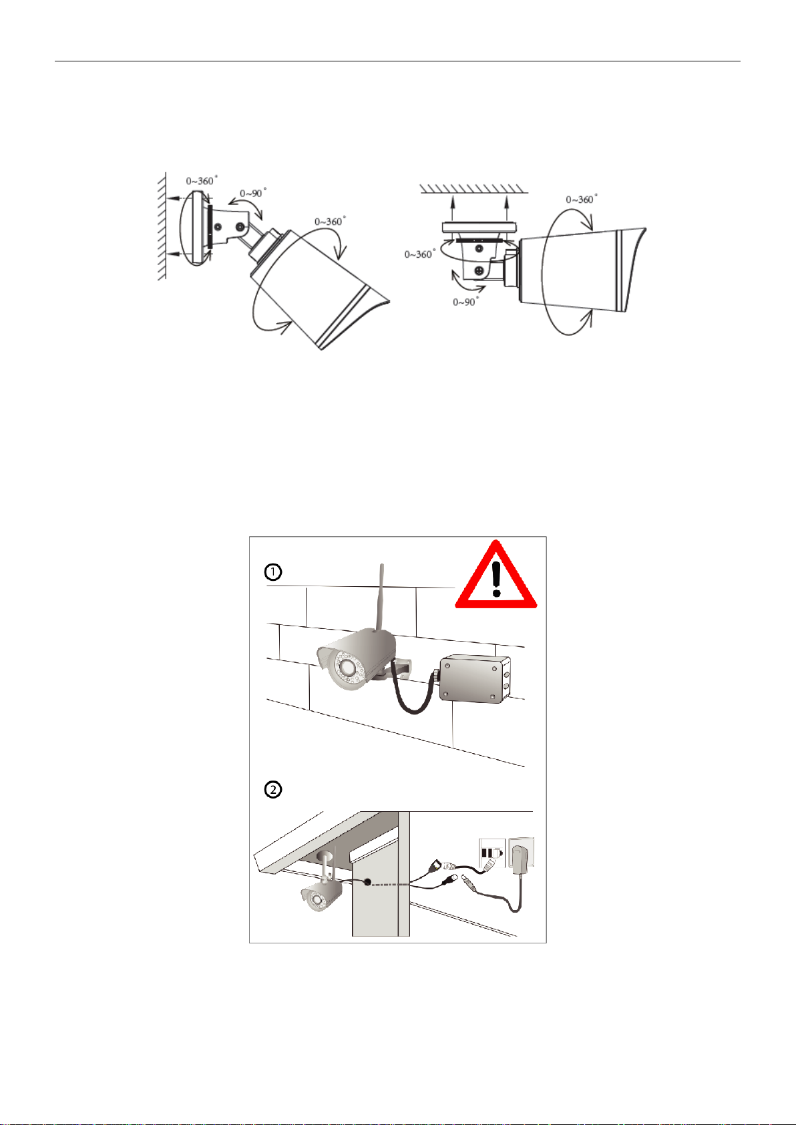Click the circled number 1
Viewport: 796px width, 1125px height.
[x=273, y=572]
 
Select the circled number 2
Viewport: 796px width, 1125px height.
[x=273, y=790]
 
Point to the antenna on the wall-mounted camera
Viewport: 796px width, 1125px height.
[x=380, y=597]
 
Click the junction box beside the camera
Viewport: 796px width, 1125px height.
[x=475, y=679]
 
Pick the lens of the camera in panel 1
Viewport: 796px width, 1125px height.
[x=347, y=668]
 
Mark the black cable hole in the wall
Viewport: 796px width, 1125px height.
[x=368, y=882]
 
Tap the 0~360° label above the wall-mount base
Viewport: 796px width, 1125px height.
[x=202, y=180]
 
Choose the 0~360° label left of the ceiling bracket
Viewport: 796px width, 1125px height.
[x=420, y=254]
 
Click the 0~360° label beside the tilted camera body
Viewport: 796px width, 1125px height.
[x=330, y=221]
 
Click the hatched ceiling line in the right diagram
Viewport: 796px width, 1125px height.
[x=473, y=189]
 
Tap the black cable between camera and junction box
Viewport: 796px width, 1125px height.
[x=412, y=693]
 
